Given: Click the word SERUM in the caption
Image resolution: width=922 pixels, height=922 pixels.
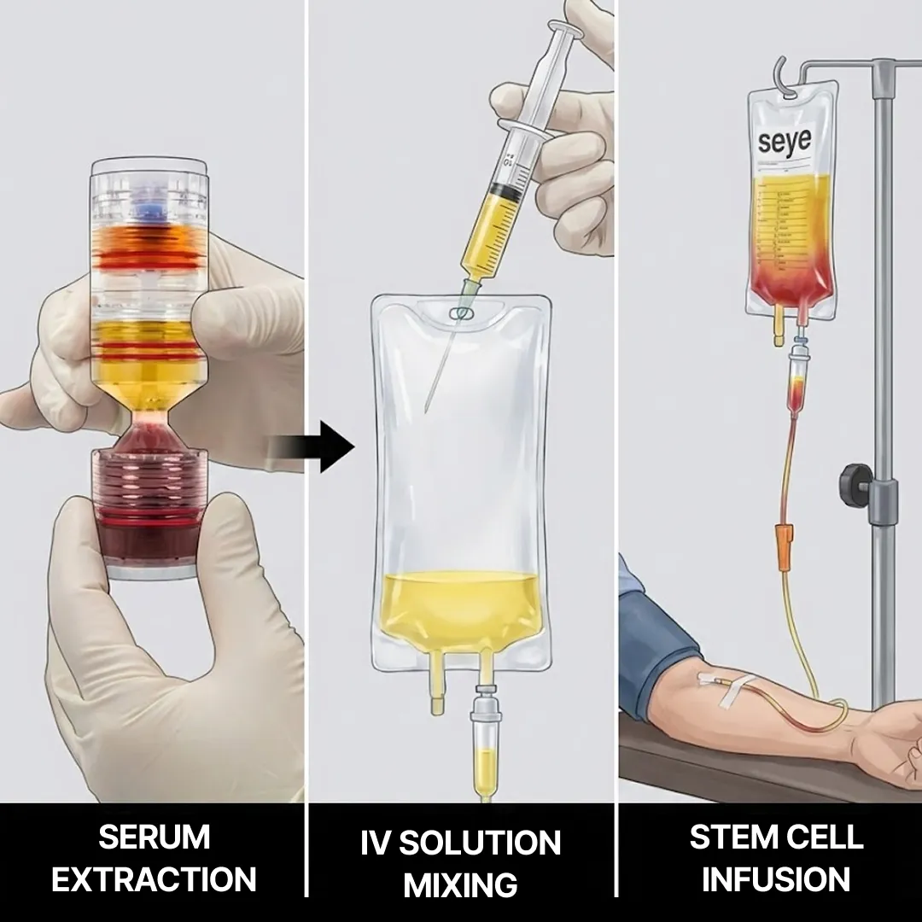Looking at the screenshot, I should pyautogui.click(x=154, y=837).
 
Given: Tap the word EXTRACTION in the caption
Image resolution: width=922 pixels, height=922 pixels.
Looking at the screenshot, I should pyautogui.click(x=154, y=878).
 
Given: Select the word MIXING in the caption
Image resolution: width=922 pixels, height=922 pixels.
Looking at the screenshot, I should pyautogui.click(x=460, y=884).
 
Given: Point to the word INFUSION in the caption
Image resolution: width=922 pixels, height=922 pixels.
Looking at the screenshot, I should pyautogui.click(x=776, y=878).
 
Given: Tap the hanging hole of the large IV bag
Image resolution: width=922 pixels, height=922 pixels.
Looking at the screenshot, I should pyautogui.click(x=462, y=314).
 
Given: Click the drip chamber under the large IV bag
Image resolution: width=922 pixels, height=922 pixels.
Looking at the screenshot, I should pyautogui.click(x=485, y=751).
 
